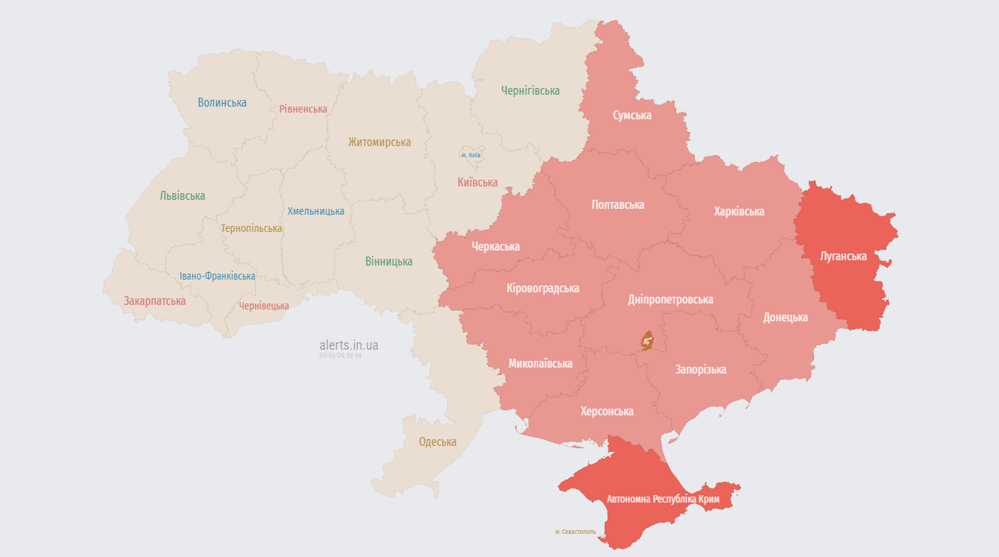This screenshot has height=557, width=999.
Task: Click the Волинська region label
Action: pos(222,103)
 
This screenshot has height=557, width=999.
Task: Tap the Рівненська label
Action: pos(303,109)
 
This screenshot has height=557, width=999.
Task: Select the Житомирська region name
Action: pos(379,142)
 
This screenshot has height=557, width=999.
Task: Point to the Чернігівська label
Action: pos(530,91)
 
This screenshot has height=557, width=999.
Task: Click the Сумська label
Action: pos(631,116)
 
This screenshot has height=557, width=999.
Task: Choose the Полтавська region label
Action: pos(617,204)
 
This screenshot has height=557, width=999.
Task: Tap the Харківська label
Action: pos(739,212)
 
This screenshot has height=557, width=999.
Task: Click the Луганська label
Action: pos(843,257)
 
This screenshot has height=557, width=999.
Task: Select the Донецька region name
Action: pos(785,318)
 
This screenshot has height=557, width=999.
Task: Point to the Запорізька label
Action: pos(700,370)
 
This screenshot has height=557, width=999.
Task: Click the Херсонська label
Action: pos(607,412)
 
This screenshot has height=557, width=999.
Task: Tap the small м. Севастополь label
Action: pos(575,532)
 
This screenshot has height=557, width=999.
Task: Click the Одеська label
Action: pos(437,442)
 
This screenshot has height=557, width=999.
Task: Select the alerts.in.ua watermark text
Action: pos(348,345)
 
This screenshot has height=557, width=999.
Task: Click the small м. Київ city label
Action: pos(470,155)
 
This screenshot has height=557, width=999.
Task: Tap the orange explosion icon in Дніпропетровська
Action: pos(647,342)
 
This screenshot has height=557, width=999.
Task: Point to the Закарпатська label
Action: pos(154,301)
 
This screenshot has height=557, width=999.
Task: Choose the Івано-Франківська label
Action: pos(217,277)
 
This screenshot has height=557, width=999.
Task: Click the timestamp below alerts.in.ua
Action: pos(340,356)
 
